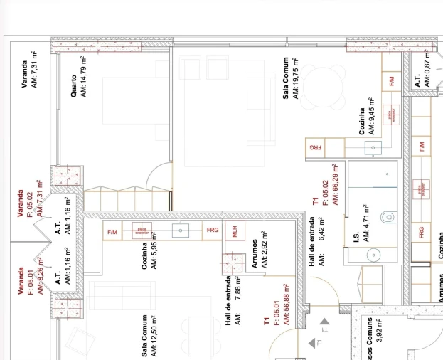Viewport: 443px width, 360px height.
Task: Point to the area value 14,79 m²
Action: point(83,77)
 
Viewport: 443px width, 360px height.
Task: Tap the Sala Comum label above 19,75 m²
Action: point(286,79)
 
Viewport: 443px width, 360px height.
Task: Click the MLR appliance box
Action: point(234,231)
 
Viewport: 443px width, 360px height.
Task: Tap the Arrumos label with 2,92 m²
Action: point(254,253)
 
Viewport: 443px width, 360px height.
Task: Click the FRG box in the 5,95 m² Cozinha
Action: point(212,231)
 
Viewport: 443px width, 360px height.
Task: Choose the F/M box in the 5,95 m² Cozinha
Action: point(112,232)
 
